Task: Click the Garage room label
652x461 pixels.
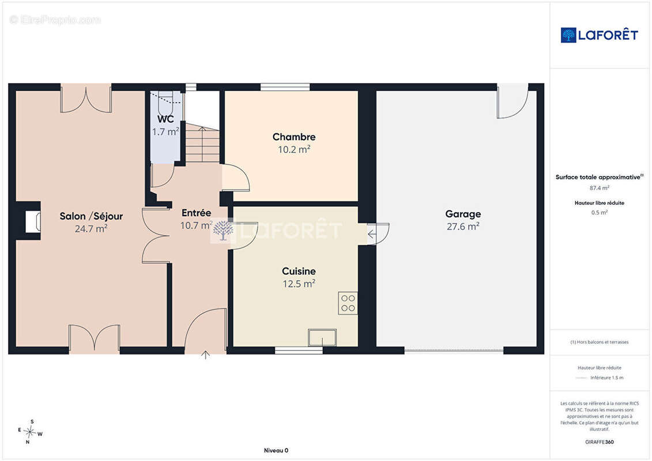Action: tap(463, 214)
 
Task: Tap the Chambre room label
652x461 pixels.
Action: tap(294, 137)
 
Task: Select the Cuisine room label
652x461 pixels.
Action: tap(299, 271)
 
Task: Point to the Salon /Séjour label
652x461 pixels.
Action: tap(91, 216)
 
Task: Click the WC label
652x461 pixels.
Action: tap(165, 119)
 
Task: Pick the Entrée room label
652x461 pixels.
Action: tap(196, 213)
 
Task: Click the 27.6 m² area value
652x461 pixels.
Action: tap(463, 226)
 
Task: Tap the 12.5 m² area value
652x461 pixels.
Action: tap(299, 284)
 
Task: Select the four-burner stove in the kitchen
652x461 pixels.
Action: tap(348, 303)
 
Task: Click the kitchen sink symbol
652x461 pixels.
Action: tap(322, 338)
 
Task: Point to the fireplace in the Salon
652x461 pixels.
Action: tap(33, 221)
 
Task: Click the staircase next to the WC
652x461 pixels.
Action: tap(202, 143)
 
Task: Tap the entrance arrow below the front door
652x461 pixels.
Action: tap(205, 355)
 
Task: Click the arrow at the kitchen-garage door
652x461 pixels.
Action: tap(372, 235)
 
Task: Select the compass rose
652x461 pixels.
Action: tap(30, 432)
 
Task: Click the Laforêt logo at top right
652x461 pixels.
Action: tap(599, 35)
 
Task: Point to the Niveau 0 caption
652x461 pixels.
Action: tap(276, 450)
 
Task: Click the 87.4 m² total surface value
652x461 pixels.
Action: tap(599, 188)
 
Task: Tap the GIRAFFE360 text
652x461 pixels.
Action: tap(599, 442)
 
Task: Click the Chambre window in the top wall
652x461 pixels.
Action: tap(285, 87)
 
